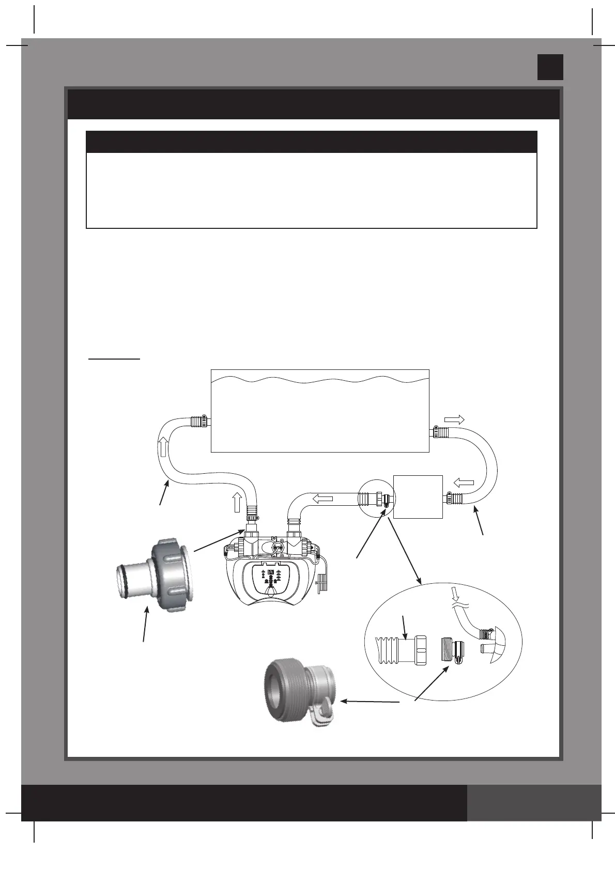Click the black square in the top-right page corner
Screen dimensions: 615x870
(550, 67)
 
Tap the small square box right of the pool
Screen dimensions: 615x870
(418, 496)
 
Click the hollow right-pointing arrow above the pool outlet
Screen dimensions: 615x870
(454, 419)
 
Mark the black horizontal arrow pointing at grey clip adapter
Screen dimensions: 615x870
(370, 702)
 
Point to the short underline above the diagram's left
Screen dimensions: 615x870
(114, 358)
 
